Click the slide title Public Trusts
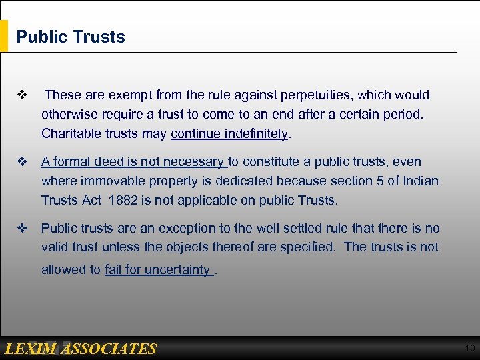click(71, 37)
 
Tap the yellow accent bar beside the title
click(4, 36)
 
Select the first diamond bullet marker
click(21, 95)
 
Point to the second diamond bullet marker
click(21, 162)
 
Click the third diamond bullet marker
click(21, 229)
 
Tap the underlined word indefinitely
click(256, 133)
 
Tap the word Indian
click(420, 181)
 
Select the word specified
click(307, 247)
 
